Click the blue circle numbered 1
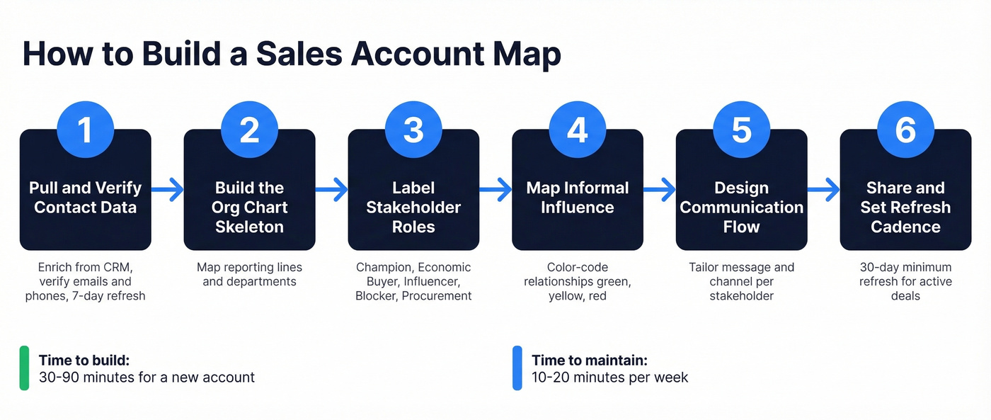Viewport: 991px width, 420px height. pyautogui.click(x=85, y=131)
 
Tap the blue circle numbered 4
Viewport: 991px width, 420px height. pyautogui.click(x=578, y=131)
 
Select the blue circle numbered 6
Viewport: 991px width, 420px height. pyautogui.click(x=905, y=131)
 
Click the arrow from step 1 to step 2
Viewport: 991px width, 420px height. pyautogui.click(x=168, y=189)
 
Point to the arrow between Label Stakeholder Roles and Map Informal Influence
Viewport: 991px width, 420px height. pyautogui.click(x=496, y=189)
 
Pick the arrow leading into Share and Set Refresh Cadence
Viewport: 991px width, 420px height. pyautogui.click(x=824, y=189)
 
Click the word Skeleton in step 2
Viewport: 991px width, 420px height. pyautogui.click(x=249, y=227)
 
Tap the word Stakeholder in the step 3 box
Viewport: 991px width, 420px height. pyautogui.click(x=413, y=208)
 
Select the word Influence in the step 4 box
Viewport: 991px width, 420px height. pyautogui.click(x=578, y=208)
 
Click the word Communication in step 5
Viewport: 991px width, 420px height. pyautogui.click(x=742, y=208)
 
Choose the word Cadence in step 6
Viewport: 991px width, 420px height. pyautogui.click(x=905, y=227)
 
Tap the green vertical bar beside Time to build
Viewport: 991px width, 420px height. pyautogui.click(x=24, y=368)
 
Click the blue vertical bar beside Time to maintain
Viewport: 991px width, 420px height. pyautogui.click(x=517, y=368)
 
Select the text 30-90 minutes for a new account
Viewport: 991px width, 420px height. pyautogui.click(x=147, y=378)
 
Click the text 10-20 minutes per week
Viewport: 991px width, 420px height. pyautogui.click(x=609, y=378)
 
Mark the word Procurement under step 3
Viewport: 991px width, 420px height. pyautogui.click(x=437, y=296)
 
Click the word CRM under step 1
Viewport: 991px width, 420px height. pyautogui.click(x=116, y=268)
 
